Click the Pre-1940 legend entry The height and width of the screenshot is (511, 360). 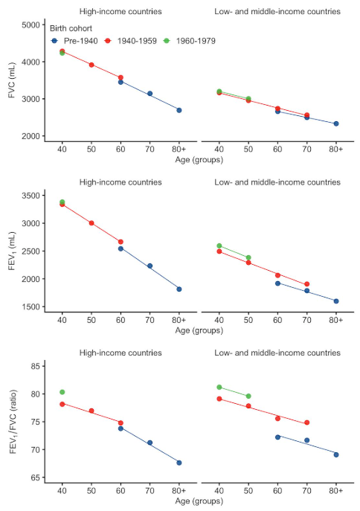click(74, 41)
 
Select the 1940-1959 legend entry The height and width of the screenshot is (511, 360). click(131, 41)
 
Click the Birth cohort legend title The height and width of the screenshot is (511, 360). click(71, 28)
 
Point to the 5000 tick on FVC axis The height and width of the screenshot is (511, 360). click(31, 25)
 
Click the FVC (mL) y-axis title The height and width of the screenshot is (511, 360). click(12, 80)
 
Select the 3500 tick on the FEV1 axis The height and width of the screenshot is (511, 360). click(31, 196)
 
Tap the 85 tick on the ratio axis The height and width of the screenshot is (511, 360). click(36, 366)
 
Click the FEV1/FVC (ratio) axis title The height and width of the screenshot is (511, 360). click(13, 422)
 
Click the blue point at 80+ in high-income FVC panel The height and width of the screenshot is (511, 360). click(179, 110)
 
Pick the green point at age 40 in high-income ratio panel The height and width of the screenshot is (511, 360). click(62, 392)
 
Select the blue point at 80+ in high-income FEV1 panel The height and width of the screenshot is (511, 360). click(179, 289)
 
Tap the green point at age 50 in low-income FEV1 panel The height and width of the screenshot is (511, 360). click(248, 257)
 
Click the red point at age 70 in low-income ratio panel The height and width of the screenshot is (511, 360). click(307, 422)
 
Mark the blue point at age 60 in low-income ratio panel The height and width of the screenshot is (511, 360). click(277, 437)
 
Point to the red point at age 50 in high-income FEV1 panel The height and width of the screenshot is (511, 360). click(91, 223)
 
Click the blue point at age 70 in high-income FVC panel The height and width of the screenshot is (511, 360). click(150, 94)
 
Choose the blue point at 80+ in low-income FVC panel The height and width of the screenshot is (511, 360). click(336, 123)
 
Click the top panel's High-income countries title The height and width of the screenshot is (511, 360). click(120, 11)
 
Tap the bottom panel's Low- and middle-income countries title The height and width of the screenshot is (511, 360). click(277, 353)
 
